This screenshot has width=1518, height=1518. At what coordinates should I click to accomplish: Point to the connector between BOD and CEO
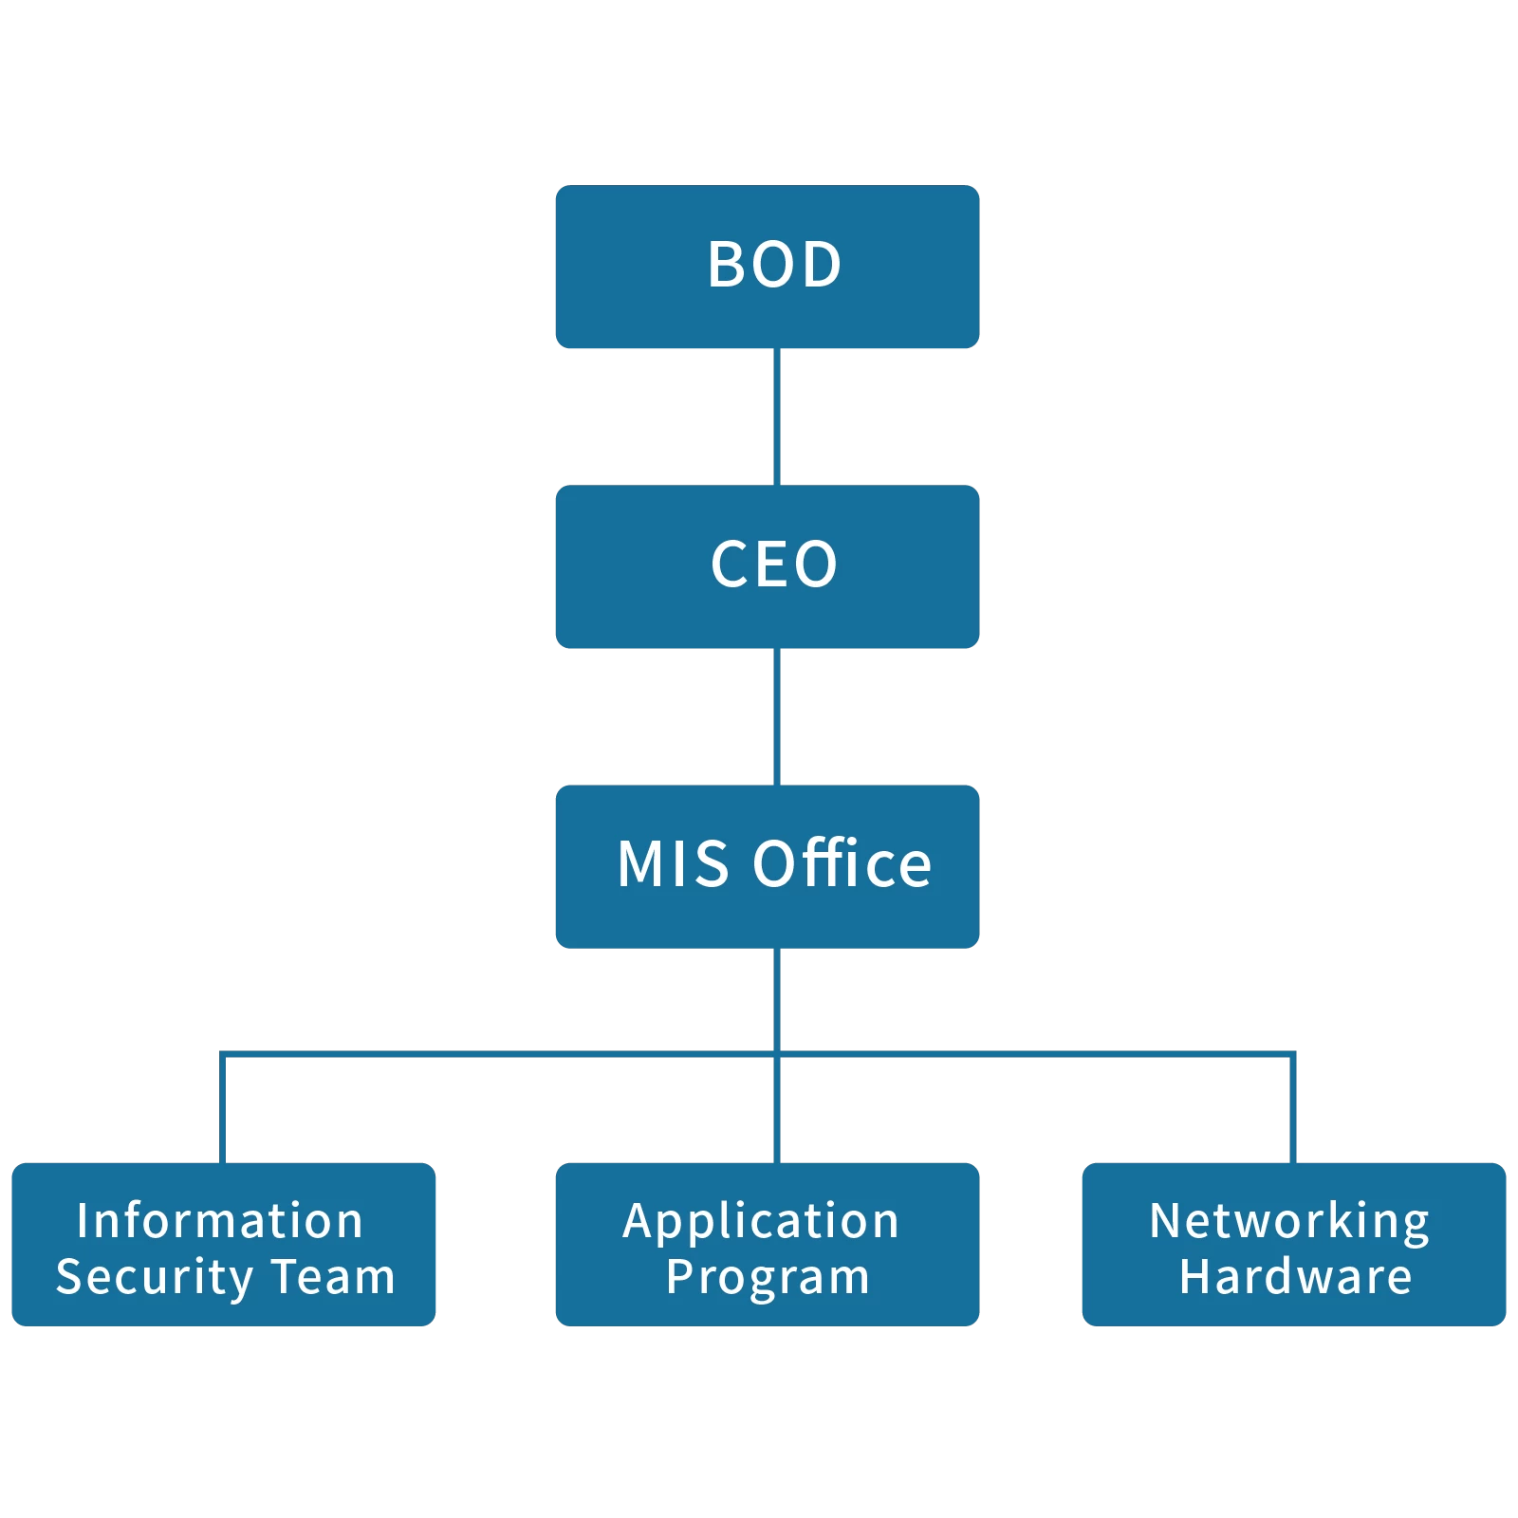tap(776, 417)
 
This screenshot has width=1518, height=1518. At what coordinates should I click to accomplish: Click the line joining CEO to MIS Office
tap(776, 716)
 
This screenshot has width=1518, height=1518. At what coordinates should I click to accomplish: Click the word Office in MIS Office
tap(842, 864)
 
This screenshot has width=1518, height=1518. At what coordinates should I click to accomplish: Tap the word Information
tap(220, 1220)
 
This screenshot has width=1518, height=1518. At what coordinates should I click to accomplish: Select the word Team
tap(333, 1276)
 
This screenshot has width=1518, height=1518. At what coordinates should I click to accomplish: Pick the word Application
tap(761, 1222)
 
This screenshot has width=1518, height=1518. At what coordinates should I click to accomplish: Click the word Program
tap(768, 1278)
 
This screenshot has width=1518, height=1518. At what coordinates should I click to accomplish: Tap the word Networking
tap(1289, 1222)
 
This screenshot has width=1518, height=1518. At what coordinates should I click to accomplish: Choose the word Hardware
tap(1295, 1276)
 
